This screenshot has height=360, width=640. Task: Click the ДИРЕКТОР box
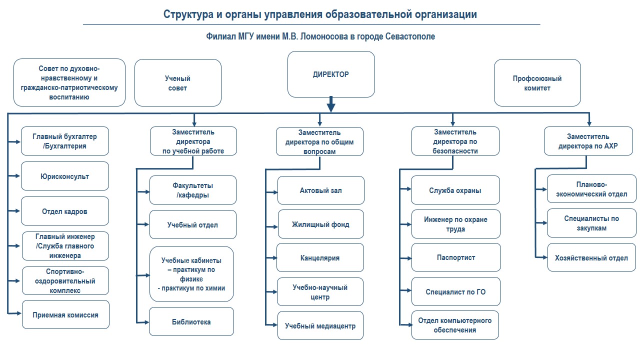(x=331, y=74)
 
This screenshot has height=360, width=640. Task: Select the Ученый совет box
(x=178, y=83)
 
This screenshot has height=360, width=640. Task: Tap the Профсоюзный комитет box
(x=537, y=83)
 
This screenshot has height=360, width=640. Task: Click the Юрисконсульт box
(x=65, y=176)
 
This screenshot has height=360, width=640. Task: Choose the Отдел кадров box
(x=65, y=211)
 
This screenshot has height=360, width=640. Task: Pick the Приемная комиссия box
(x=65, y=315)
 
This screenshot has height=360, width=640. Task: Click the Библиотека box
(x=191, y=321)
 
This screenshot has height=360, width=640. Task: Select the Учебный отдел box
(x=192, y=224)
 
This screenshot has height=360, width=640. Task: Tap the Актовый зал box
(x=321, y=190)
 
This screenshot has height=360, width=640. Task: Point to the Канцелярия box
(x=320, y=258)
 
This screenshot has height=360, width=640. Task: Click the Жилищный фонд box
(x=321, y=224)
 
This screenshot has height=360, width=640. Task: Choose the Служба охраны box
(x=455, y=190)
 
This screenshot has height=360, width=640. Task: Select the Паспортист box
(x=456, y=257)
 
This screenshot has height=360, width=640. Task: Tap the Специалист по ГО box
(x=456, y=291)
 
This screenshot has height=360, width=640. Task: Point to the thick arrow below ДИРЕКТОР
(x=330, y=105)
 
